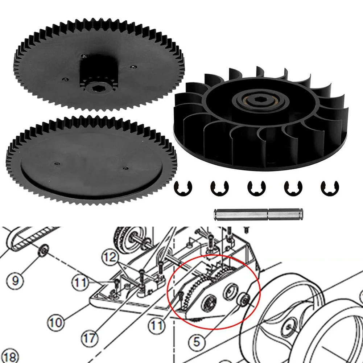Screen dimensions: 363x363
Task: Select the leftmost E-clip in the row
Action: coord(183,188)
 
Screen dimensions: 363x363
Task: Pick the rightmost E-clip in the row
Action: coord(329,188)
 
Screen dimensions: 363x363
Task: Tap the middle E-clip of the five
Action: coord(256,188)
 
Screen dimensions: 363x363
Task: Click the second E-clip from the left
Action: coord(219,188)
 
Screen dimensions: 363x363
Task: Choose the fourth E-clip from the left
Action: coord(293,188)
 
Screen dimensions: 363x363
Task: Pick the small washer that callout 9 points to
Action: coord(43,250)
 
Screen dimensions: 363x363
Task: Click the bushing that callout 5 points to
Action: coord(243,299)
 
